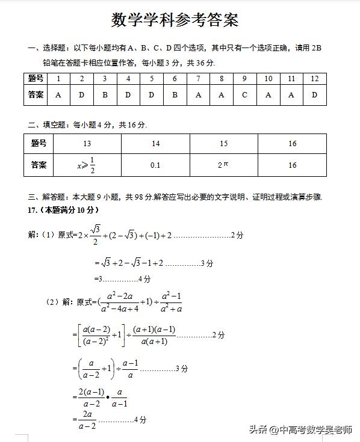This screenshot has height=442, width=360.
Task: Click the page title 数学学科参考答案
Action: [x=175, y=20]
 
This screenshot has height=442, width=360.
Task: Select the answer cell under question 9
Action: [x=244, y=94]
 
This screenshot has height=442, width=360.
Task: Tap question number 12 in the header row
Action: [x=314, y=79]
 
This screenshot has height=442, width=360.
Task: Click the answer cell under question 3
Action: [x=105, y=94]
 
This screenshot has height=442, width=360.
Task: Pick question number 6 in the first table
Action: [x=175, y=79]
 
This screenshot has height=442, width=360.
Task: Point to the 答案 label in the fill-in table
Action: [x=39, y=164]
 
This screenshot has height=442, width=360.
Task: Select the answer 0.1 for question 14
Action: [x=155, y=165]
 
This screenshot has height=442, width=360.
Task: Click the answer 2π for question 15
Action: [x=223, y=164]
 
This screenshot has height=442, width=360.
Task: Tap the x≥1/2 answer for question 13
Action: [x=87, y=164]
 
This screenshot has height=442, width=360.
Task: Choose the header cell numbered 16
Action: [x=293, y=144]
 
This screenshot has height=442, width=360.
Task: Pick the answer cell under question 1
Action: [x=58, y=94]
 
